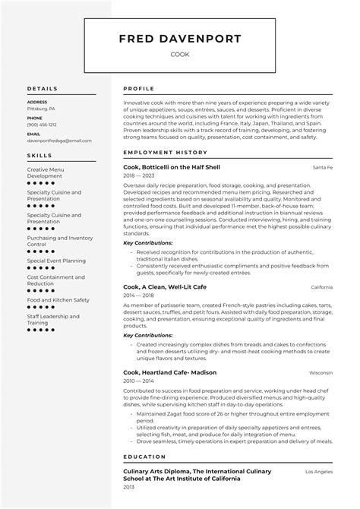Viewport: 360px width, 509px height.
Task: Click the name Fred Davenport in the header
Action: pos(180,39)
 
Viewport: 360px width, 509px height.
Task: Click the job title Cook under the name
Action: pos(180,55)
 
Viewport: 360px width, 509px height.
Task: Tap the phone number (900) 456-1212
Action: pos(41,125)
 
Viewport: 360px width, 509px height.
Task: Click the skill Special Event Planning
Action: pos(56,260)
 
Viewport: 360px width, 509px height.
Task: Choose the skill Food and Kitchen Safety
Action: pos(58,299)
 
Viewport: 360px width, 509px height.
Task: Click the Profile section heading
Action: pos(138,89)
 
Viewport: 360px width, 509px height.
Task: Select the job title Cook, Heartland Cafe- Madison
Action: pos(169,373)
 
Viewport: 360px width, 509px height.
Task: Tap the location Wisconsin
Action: pos(322,373)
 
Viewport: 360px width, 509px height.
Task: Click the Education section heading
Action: pos(144,457)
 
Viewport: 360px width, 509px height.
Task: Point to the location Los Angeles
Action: pos(319,472)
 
